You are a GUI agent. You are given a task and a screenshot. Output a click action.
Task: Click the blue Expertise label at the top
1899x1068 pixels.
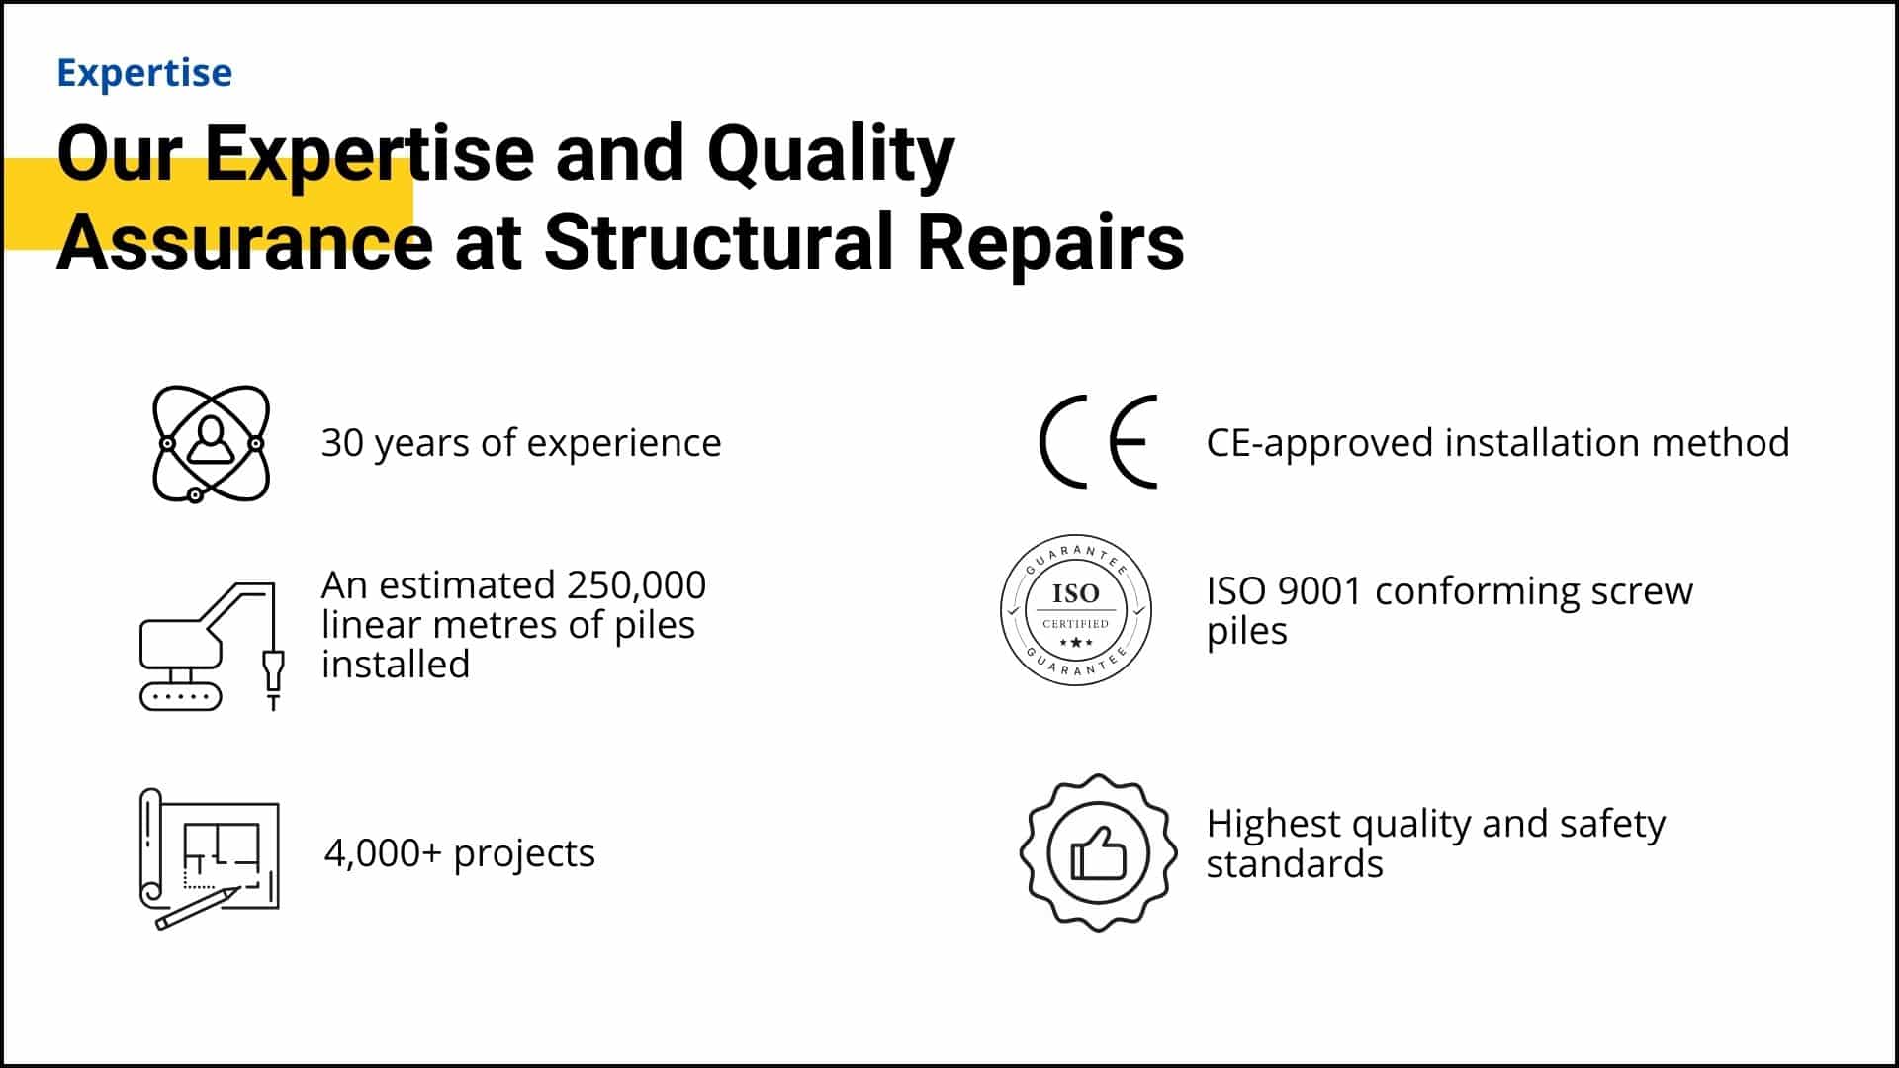(x=144, y=73)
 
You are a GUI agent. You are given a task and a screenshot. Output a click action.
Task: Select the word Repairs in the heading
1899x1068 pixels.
(x=1049, y=242)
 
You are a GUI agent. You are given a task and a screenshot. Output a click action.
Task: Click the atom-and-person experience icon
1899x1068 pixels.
(x=211, y=443)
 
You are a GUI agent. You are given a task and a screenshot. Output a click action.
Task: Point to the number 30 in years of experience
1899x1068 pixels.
(x=342, y=443)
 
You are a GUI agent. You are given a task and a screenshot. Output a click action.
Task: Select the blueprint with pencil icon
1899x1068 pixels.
(x=209, y=857)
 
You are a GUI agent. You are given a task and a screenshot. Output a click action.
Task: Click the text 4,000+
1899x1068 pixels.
(x=382, y=852)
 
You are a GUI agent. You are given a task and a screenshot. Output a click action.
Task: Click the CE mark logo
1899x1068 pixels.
(x=1098, y=441)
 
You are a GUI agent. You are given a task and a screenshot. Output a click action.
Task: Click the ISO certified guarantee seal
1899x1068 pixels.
(x=1075, y=610)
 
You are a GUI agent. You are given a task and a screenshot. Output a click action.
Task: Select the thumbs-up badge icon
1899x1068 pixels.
(x=1098, y=851)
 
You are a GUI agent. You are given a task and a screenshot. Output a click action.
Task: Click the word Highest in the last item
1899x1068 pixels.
(x=1273, y=823)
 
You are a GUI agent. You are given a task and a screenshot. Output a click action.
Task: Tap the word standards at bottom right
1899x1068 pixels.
(x=1294, y=864)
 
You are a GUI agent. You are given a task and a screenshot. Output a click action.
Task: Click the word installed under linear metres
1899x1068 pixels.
(x=396, y=665)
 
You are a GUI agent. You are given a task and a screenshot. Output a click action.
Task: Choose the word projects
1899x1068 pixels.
(x=523, y=852)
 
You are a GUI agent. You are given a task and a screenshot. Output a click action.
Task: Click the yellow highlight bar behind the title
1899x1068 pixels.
(x=30, y=204)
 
